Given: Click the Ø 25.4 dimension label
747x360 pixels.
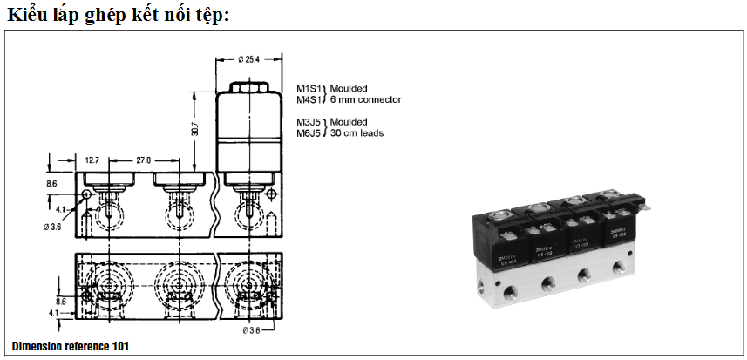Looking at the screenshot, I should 248,60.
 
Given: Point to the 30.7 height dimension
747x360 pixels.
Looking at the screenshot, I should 195,127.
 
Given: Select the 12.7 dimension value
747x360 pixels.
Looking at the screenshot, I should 93,160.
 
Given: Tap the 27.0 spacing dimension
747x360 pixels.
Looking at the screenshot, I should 144,160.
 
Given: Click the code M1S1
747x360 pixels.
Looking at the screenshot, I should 309,88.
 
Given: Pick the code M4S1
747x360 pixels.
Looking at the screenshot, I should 309,99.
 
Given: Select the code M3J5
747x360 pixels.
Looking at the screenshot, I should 309,121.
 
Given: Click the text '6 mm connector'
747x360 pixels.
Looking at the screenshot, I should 365,99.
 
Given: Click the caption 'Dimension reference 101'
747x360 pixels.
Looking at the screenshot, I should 71,346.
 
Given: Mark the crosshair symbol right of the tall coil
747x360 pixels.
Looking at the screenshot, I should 273,194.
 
